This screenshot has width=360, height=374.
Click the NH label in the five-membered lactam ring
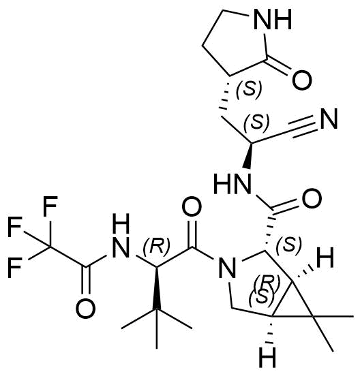(x=273, y=19)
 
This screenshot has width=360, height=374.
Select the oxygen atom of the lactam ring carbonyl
(x=302, y=80)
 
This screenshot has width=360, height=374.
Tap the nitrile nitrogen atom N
(x=329, y=119)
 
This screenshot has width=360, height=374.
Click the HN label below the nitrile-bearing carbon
(x=232, y=184)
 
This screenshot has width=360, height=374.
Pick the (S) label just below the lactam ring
(x=249, y=89)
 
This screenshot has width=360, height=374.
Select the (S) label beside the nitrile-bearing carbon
(x=257, y=122)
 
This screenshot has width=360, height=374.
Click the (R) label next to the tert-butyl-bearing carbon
(x=156, y=246)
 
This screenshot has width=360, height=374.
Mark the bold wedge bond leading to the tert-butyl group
(x=157, y=288)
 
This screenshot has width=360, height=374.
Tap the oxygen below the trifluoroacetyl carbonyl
(x=86, y=308)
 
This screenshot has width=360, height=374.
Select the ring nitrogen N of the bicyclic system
(x=227, y=267)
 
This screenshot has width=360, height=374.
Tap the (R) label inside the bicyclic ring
(x=267, y=283)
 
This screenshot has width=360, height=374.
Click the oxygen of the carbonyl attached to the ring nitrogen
(x=192, y=207)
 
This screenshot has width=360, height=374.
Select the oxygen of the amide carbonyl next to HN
(x=312, y=198)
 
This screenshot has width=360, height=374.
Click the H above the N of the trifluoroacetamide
(x=121, y=223)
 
